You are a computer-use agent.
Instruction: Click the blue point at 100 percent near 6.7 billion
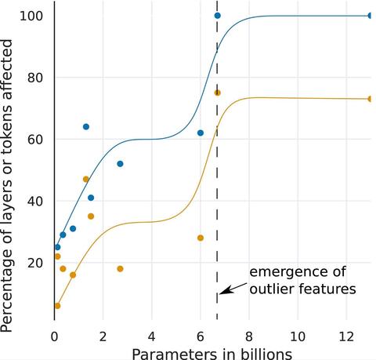(217, 16)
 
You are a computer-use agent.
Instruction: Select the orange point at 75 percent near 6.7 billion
(217, 93)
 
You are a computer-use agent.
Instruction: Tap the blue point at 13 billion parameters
(371, 16)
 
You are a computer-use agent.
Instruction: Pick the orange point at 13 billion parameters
(371, 99)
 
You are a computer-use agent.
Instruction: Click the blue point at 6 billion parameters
(201, 133)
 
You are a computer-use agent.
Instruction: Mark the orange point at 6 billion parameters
(201, 238)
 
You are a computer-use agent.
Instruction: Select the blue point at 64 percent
(86, 127)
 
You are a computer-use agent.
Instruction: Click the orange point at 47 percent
(86, 180)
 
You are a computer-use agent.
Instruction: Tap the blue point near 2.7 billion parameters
(120, 164)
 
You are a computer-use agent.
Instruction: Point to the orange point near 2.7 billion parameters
(120, 269)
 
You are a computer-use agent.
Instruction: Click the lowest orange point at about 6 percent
(57, 306)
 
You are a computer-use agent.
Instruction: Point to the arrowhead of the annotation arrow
(221, 293)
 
